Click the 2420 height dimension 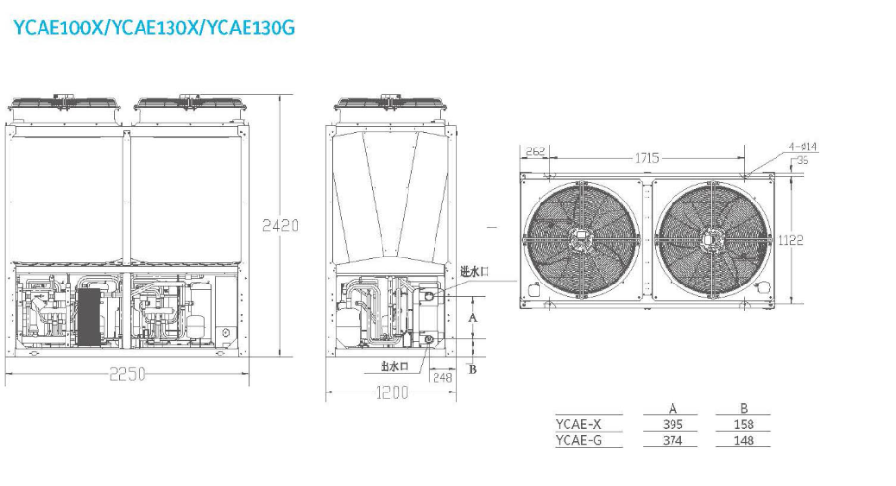point(280,226)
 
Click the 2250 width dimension point(127,374)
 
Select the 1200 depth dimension point(391,392)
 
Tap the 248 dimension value point(442,377)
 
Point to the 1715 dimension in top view point(646,158)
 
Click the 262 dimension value point(536,151)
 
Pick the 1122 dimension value point(790,240)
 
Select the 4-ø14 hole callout point(803,147)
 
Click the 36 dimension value point(803,161)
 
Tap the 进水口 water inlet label point(474,271)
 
